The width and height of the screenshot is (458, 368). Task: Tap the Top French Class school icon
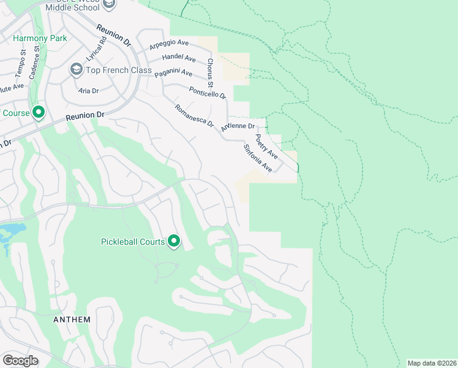(76, 70)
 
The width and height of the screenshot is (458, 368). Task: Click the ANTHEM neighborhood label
(72, 320)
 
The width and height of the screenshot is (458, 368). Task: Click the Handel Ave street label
(178, 58)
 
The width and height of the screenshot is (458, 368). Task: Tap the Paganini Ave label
(173, 73)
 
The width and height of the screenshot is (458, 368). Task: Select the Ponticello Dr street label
(207, 92)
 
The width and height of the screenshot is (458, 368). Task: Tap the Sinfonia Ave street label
(257, 158)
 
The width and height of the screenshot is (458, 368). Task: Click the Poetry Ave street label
(266, 147)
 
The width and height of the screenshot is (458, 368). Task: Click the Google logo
(20, 360)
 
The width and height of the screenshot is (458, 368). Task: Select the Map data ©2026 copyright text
(432, 363)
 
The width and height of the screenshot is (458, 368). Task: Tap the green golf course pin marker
(38, 112)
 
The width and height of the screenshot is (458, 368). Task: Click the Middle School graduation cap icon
(108, 4)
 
